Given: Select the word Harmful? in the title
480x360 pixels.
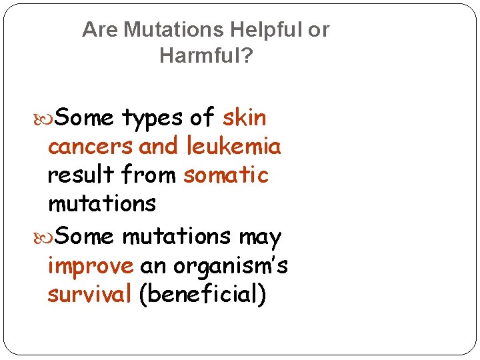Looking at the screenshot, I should click(206, 56).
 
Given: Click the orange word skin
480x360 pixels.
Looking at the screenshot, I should click(244, 118).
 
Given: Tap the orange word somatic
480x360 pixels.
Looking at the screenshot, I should click(225, 175).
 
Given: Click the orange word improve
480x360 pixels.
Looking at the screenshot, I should click(91, 266).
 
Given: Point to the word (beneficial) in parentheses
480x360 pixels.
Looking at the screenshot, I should click(203, 295).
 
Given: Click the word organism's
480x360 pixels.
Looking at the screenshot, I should click(231, 266).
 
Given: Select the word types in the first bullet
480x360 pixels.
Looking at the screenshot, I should click(152, 119).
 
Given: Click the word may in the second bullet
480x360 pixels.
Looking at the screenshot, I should click(259, 237).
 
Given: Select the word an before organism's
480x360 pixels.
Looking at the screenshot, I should click(153, 266).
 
